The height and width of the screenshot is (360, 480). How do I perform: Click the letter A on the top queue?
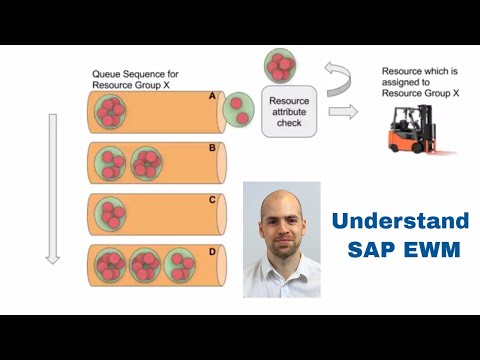(x=211, y=95)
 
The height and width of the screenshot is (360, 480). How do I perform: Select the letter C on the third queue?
(x=211, y=198)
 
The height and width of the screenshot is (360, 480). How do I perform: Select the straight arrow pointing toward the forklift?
(x=342, y=111)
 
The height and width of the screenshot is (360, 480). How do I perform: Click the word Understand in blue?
(x=400, y=221)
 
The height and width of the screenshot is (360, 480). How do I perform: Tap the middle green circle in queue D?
(x=145, y=266)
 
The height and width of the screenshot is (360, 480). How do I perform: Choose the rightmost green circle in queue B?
(x=144, y=162)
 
